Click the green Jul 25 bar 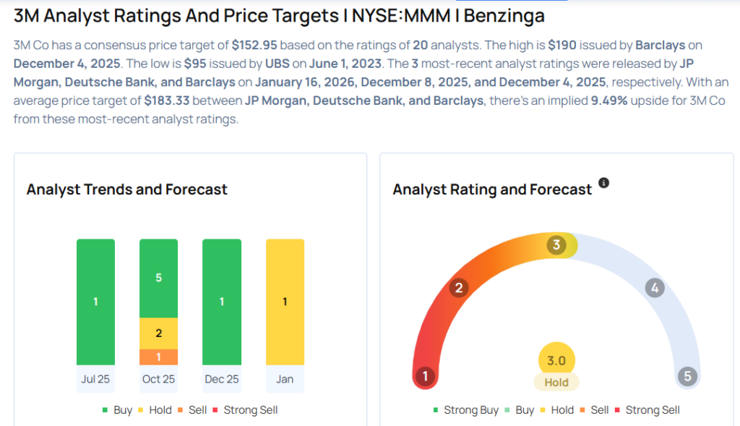click(95, 302)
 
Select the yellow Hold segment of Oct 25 click(158, 333)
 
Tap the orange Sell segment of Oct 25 click(158, 357)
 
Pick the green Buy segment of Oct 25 click(158, 278)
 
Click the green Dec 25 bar click(221, 302)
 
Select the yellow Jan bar click(285, 302)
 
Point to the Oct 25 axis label click(158, 379)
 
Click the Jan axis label click(285, 379)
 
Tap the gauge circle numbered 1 click(426, 376)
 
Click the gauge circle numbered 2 click(458, 289)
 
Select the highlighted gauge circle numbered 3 click(556, 245)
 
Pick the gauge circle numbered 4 click(655, 289)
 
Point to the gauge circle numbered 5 click(687, 376)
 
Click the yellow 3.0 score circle click(556, 360)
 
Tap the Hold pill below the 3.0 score click(556, 383)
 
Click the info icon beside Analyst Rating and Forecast click(604, 183)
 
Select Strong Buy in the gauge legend click(470, 410)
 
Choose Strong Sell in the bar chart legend click(250, 410)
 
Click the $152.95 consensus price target click(254, 46)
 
